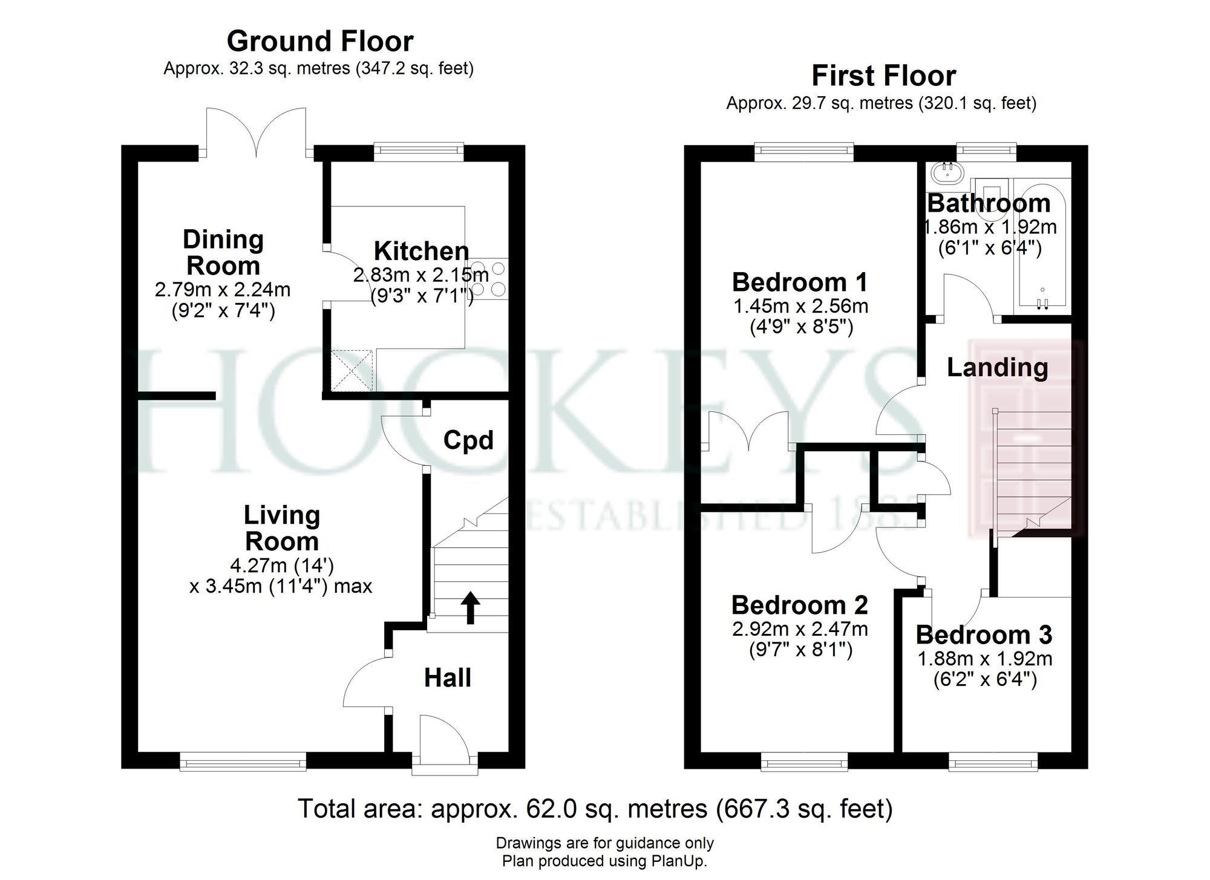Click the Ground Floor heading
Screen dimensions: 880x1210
(320, 42)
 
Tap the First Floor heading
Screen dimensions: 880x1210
(883, 76)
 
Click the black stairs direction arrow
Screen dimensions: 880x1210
(470, 607)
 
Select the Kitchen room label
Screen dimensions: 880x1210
(421, 251)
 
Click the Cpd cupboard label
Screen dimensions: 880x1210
(468, 440)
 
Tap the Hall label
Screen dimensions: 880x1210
(447, 678)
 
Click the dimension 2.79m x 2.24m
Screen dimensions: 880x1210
(223, 290)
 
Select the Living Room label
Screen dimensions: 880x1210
(281, 528)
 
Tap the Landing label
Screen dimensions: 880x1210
(997, 367)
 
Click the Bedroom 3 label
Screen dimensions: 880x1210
(984, 635)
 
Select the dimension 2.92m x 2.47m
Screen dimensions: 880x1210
(800, 629)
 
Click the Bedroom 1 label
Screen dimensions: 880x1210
(800, 282)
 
